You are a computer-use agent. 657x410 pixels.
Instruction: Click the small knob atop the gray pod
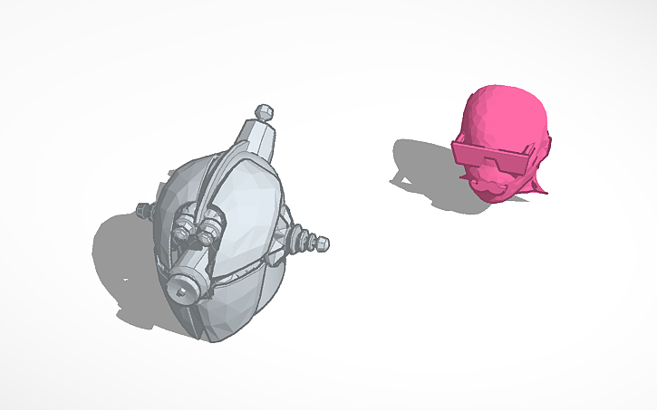tap(266, 111)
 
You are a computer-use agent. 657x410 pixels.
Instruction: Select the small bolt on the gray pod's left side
tap(143, 211)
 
